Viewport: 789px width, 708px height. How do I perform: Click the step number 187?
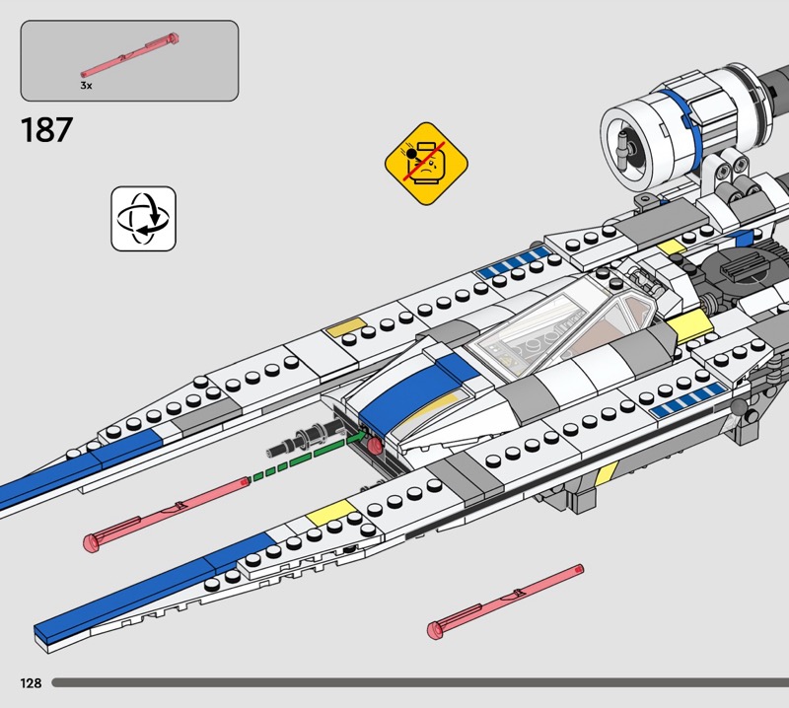pos(46,130)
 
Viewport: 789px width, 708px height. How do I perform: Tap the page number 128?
pos(29,682)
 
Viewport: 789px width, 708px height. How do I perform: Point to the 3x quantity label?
pos(87,86)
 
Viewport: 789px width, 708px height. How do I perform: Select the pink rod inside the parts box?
pos(129,56)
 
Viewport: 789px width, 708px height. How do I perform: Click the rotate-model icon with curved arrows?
pos(143,218)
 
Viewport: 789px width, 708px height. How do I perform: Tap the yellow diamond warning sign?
pos(426,164)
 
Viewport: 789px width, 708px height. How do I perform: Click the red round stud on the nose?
pos(375,446)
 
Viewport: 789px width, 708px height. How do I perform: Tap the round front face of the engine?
pos(627,141)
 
